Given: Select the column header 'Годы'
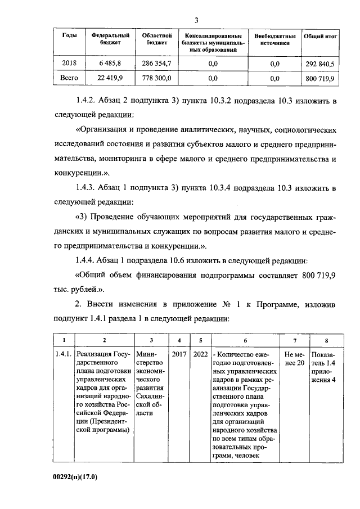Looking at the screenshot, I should point(69,35).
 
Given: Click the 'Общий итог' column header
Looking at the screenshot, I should point(320,35).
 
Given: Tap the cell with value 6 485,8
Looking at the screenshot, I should point(107,64).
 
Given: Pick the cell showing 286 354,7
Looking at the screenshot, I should point(152,64).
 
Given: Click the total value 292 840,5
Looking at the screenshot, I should point(320,64).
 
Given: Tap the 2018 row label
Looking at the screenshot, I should point(69,64).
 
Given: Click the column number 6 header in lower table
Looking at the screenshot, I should point(245,340).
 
